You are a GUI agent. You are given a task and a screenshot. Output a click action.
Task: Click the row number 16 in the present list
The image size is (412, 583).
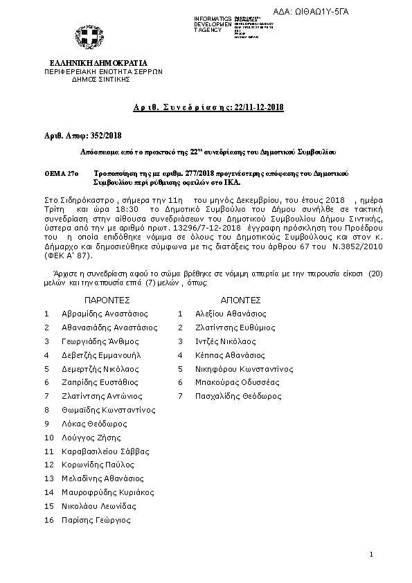(x=48, y=520)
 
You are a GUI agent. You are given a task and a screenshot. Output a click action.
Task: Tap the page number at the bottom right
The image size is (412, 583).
(x=371, y=555)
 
